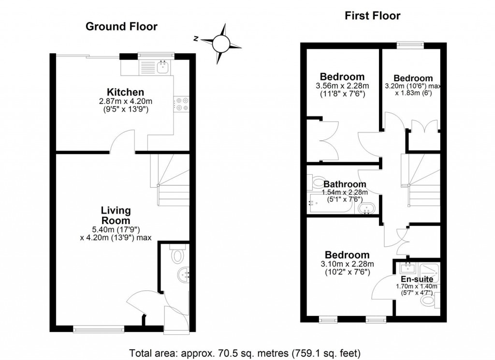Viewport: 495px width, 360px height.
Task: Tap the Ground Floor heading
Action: (121, 27)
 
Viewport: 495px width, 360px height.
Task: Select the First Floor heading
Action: (372, 16)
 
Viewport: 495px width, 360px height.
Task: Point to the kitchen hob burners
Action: (182, 104)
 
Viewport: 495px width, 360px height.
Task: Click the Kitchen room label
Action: (126, 92)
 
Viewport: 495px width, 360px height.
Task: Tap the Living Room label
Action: (116, 216)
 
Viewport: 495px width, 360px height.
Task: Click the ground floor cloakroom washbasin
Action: (184, 274)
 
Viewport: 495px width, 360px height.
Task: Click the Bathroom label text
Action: (345, 184)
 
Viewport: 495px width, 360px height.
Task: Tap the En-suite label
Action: (417, 279)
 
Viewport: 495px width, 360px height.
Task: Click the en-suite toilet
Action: (428, 301)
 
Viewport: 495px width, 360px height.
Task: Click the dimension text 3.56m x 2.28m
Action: (342, 86)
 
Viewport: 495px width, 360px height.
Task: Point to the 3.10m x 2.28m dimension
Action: (347, 264)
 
